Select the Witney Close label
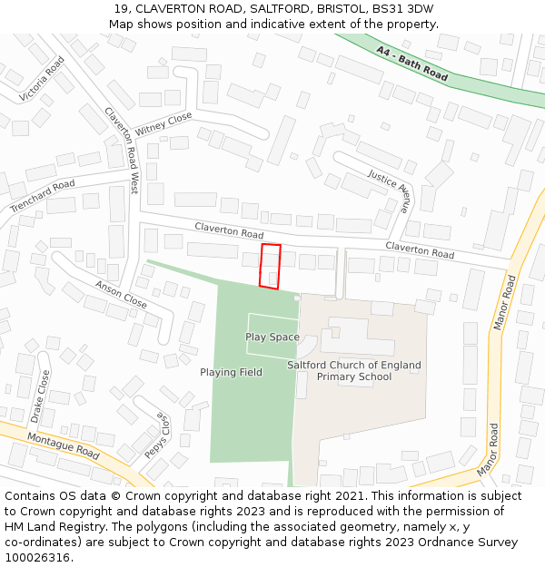[163, 124]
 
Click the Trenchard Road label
[43, 197]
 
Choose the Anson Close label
[121, 294]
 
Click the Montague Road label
[63, 445]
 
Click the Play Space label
[272, 337]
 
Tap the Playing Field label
[231, 372]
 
